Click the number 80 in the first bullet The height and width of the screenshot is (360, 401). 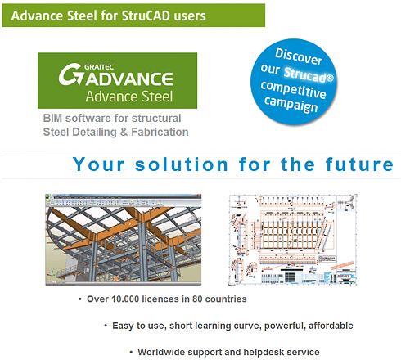click(203, 299)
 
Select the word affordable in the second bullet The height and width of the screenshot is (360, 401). click(327, 326)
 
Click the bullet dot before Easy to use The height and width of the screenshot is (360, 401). click(105, 326)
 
